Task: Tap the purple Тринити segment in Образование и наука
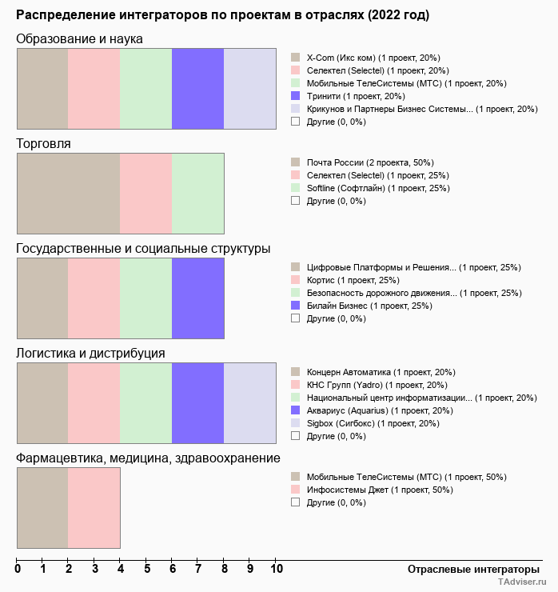pyautogui.click(x=197, y=88)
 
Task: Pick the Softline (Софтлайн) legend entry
pyautogui.click(x=367, y=188)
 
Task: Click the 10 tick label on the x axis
pyautogui.click(x=276, y=570)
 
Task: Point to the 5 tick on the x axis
pyautogui.click(x=146, y=570)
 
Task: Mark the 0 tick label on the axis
pyautogui.click(x=18, y=570)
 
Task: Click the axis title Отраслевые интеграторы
pyautogui.click(x=468, y=569)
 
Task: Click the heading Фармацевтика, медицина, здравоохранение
pyautogui.click(x=148, y=458)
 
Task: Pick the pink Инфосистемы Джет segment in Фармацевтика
pyautogui.click(x=94, y=507)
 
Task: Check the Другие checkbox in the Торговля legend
pyautogui.click(x=296, y=201)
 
